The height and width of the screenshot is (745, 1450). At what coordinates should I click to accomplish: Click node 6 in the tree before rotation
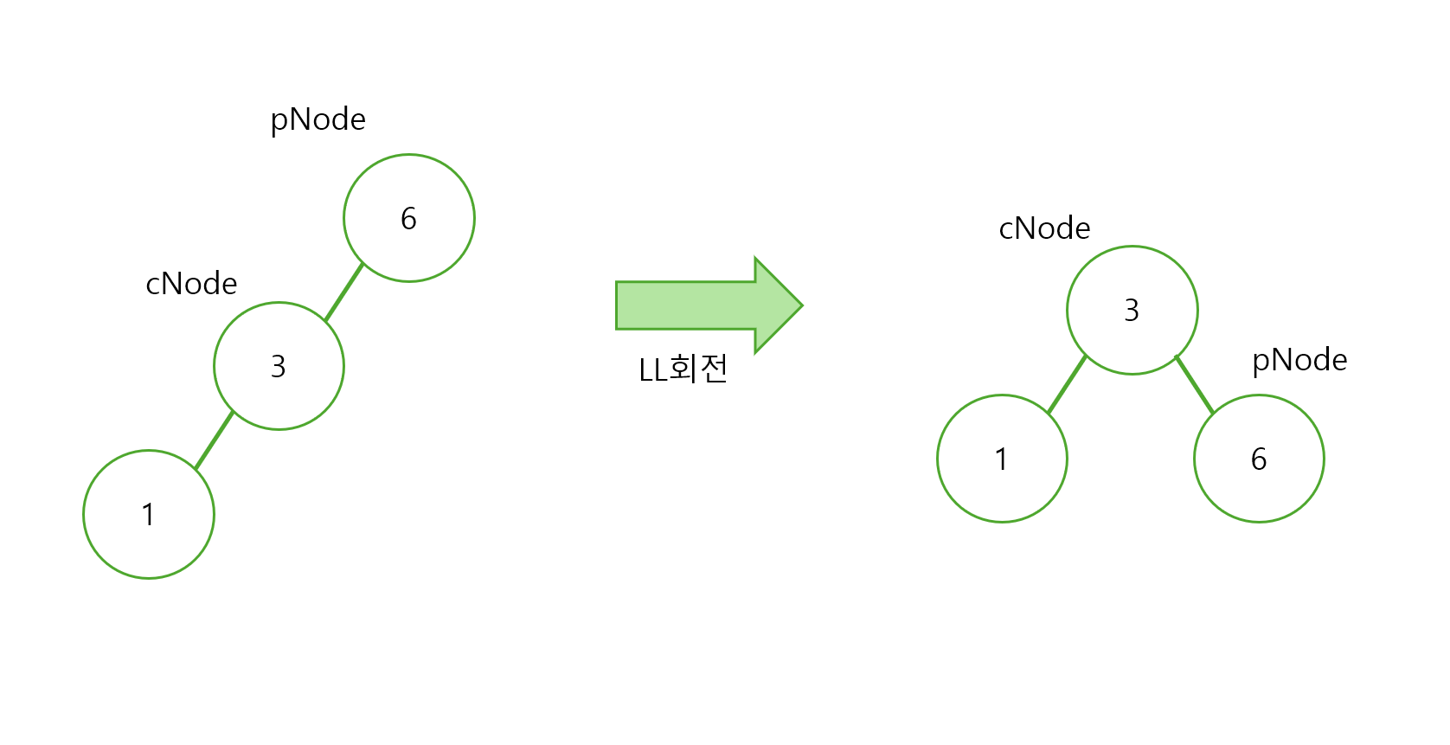[409, 218]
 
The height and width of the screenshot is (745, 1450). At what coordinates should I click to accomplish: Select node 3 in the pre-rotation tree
[279, 366]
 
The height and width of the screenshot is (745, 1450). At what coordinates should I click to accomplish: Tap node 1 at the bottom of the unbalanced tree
[149, 514]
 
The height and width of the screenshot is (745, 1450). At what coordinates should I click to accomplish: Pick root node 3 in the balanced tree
[1132, 310]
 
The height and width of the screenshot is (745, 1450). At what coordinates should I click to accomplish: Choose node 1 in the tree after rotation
[1002, 459]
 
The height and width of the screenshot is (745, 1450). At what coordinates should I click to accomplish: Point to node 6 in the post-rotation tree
[1259, 459]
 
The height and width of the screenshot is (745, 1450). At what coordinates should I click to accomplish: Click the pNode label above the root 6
[318, 119]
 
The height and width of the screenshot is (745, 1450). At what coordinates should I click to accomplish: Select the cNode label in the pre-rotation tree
[191, 284]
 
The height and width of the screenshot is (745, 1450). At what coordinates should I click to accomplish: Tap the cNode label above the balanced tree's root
[1044, 228]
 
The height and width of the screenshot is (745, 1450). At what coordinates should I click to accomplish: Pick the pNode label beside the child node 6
[1299, 360]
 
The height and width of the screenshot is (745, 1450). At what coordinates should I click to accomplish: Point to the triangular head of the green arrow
[778, 305]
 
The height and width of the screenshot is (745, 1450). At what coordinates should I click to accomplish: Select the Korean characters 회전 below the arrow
[698, 369]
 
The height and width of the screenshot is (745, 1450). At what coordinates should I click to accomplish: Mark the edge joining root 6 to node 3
[343, 292]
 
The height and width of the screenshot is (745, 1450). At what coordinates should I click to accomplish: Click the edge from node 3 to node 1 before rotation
[214, 440]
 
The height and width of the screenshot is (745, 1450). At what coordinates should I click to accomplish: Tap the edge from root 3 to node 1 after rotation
[1067, 384]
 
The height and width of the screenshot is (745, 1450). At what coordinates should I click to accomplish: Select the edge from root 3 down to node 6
[1195, 384]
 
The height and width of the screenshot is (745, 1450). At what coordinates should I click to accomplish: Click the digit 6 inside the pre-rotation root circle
[409, 219]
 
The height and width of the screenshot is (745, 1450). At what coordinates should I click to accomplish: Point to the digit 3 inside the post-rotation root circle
[1132, 310]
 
